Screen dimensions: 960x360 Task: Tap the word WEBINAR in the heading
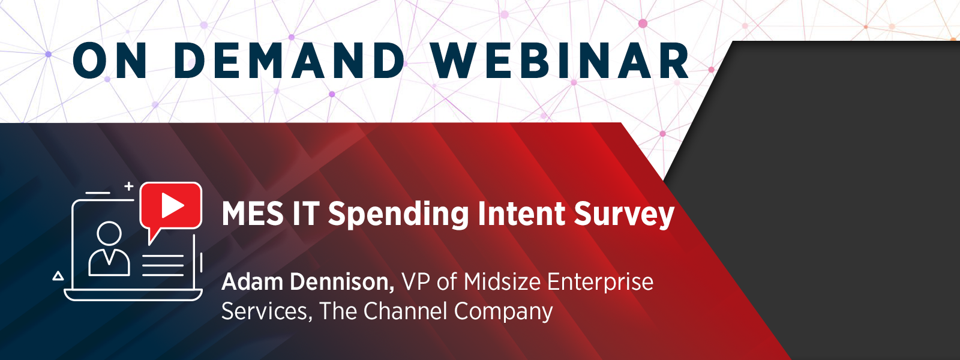(560, 61)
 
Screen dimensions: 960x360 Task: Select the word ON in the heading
(110, 61)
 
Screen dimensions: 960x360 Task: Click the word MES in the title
(253, 214)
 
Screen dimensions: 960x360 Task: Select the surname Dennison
(342, 283)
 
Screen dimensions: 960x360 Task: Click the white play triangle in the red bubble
(172, 205)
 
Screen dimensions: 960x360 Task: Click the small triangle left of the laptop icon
(58, 275)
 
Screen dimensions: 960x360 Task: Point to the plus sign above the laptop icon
(128, 187)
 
